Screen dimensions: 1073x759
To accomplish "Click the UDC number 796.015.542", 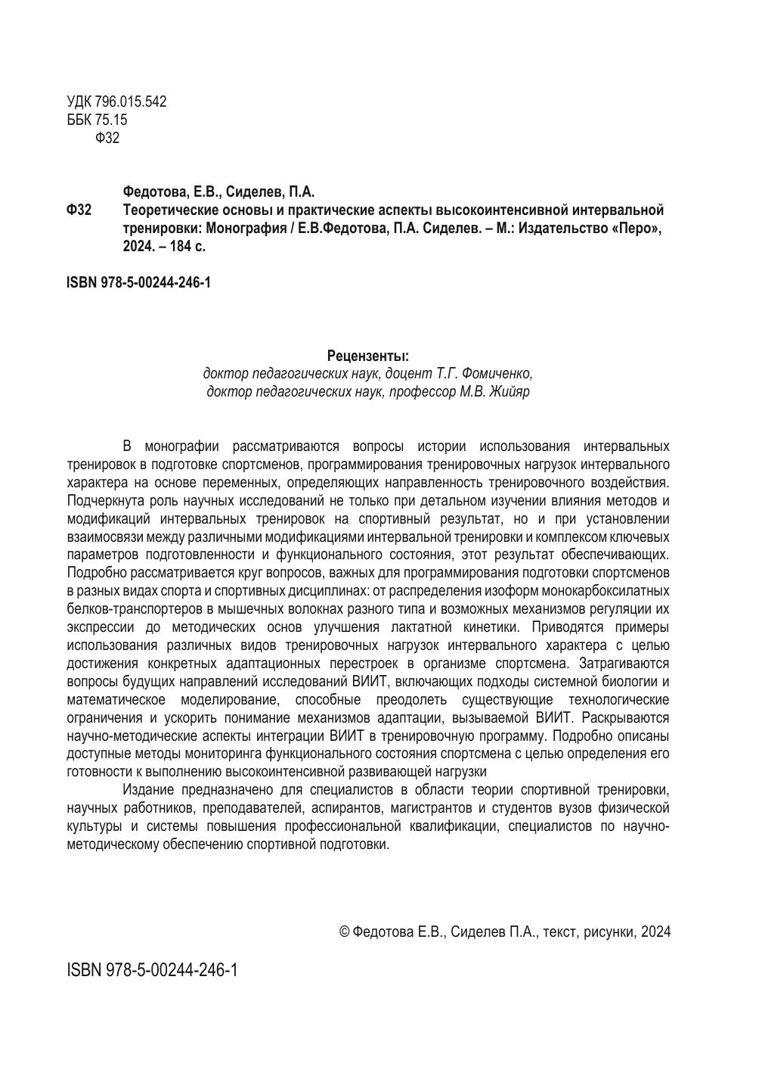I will [131, 101].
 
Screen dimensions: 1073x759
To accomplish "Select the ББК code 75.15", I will [111, 120].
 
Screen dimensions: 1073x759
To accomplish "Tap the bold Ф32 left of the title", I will [79, 210].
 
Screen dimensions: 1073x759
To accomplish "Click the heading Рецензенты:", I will [368, 356].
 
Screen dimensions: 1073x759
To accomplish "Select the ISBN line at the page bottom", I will [152, 970].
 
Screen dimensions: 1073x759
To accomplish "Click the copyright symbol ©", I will [344, 931].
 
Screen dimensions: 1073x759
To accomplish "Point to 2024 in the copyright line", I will [655, 931].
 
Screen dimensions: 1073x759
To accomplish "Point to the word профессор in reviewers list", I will [423, 392].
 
